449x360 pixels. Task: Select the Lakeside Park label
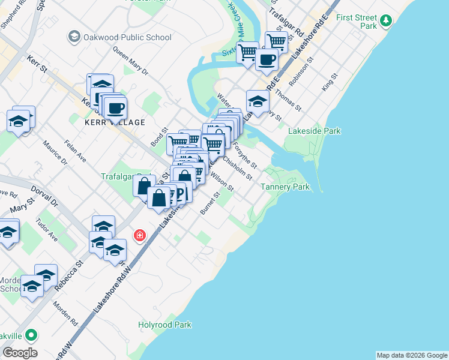pos(314,131)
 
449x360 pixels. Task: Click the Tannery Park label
pos(285,187)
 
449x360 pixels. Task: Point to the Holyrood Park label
pos(164,325)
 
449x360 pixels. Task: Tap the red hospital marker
pos(140,235)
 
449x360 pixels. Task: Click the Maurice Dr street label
pos(55,152)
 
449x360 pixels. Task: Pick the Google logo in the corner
pos(20,352)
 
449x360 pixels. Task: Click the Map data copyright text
pos(411,355)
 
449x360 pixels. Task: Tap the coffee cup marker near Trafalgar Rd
pos(267,59)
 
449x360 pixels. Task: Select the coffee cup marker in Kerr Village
pos(115,108)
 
